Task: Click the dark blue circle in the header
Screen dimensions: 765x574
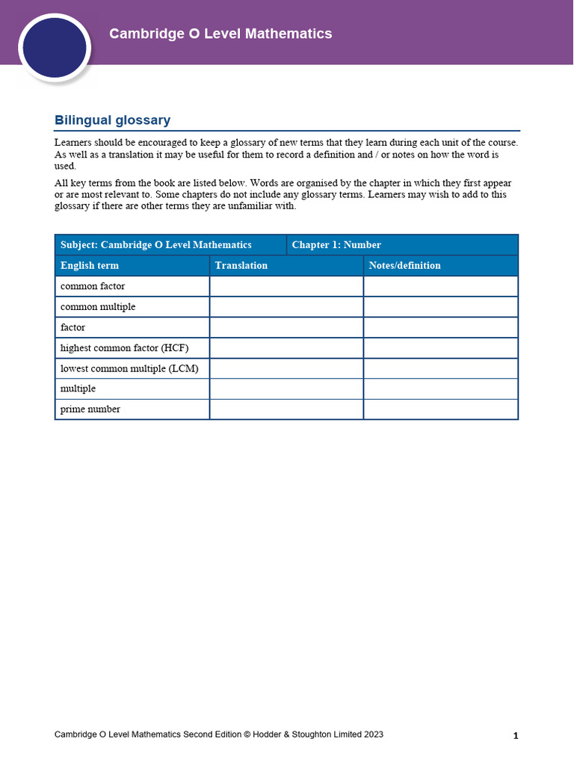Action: [55, 48]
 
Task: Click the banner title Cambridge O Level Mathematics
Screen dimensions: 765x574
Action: [220, 34]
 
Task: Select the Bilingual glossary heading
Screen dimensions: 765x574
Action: [112, 120]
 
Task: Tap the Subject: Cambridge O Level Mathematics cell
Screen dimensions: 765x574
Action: [156, 245]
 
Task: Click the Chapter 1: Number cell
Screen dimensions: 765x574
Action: [336, 245]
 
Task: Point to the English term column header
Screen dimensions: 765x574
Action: [90, 265]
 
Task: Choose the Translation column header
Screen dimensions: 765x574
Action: [241, 265]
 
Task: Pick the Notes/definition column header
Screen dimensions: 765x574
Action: [404, 265]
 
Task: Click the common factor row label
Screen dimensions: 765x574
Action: [93, 286]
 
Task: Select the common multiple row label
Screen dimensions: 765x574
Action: [98, 307]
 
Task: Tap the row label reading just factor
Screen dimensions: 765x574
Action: [72, 327]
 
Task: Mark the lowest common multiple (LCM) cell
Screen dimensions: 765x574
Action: [129, 368]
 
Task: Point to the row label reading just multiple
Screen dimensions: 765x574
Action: [78, 388]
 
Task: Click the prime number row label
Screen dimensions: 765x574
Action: [90, 409]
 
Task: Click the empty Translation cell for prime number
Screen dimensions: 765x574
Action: [286, 409]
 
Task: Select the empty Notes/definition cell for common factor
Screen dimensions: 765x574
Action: [440, 286]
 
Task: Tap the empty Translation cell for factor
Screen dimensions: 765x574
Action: [286, 327]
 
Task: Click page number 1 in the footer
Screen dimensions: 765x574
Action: [516, 736]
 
